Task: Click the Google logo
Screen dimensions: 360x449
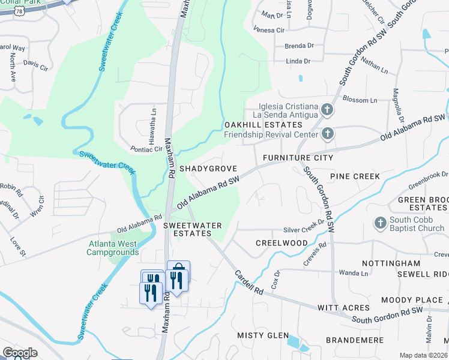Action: [20, 353]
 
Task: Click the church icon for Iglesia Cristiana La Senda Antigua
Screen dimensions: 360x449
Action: [327, 109]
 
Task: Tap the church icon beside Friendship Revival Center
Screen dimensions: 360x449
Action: [327, 133]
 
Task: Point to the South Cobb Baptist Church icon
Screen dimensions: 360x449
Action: [379, 223]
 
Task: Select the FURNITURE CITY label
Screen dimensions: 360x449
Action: [297, 158]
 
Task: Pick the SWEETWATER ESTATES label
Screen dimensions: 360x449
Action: [193, 229]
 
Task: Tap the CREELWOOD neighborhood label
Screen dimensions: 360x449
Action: [282, 243]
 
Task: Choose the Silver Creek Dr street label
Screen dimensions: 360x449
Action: [304, 230]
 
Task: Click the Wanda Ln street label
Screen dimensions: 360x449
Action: [353, 273]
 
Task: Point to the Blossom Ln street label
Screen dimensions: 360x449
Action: [360, 100]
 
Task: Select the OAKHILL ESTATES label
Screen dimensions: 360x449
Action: [263, 125]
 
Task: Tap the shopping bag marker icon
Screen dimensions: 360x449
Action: [178, 268]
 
